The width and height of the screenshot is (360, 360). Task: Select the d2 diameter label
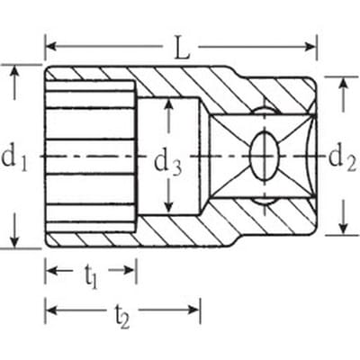[x=343, y=158]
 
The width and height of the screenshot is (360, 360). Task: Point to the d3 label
[x=167, y=164]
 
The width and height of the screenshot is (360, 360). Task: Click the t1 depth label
[x=91, y=275]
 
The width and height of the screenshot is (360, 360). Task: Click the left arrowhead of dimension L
[x=52, y=47]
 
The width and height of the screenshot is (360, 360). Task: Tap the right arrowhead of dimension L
[x=310, y=47]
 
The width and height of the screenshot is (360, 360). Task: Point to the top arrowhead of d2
[x=343, y=83]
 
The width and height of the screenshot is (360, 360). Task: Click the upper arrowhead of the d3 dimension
[x=169, y=105]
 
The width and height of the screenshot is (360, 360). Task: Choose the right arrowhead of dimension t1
[x=130, y=270]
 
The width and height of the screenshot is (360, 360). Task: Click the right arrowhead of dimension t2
[x=193, y=310]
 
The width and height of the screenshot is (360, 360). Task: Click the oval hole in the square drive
[x=265, y=156]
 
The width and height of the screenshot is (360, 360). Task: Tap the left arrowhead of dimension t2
[x=52, y=310]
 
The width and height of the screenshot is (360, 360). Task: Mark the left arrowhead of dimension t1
[x=52, y=270]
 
